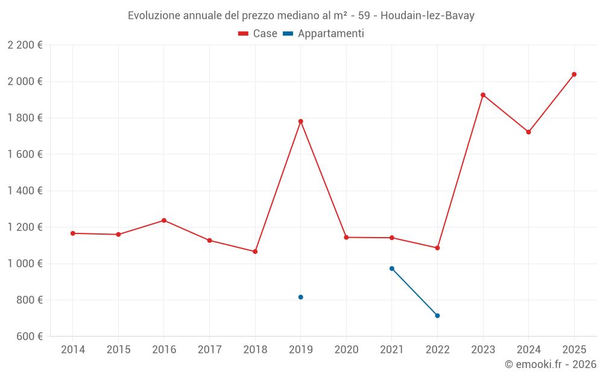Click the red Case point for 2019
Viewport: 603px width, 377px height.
[x=300, y=121]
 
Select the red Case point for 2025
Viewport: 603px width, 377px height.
[x=574, y=74]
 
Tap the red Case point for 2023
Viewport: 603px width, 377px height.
[x=483, y=95]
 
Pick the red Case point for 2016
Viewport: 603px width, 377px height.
[x=164, y=220]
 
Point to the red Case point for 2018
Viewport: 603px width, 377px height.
[x=255, y=252]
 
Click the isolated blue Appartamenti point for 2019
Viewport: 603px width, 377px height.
[x=300, y=297]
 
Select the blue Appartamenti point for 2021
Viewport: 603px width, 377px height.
[x=392, y=268]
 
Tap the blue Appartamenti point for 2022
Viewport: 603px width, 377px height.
[x=437, y=315]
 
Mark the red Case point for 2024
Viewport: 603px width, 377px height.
[x=528, y=132]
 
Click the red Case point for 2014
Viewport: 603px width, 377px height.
[x=73, y=233]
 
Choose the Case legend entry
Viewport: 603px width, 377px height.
[x=258, y=34]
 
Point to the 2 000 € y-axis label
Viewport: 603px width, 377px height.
[x=25, y=81]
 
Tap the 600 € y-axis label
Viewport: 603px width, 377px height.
[x=29, y=337]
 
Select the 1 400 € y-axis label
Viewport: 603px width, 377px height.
[x=25, y=191]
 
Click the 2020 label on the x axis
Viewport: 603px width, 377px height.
[x=346, y=350]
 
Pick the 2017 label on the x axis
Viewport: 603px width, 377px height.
[x=209, y=350]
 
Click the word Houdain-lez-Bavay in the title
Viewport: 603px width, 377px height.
[x=428, y=16]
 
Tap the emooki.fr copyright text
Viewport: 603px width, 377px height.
[x=550, y=364]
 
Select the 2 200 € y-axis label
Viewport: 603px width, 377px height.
[x=25, y=45]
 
